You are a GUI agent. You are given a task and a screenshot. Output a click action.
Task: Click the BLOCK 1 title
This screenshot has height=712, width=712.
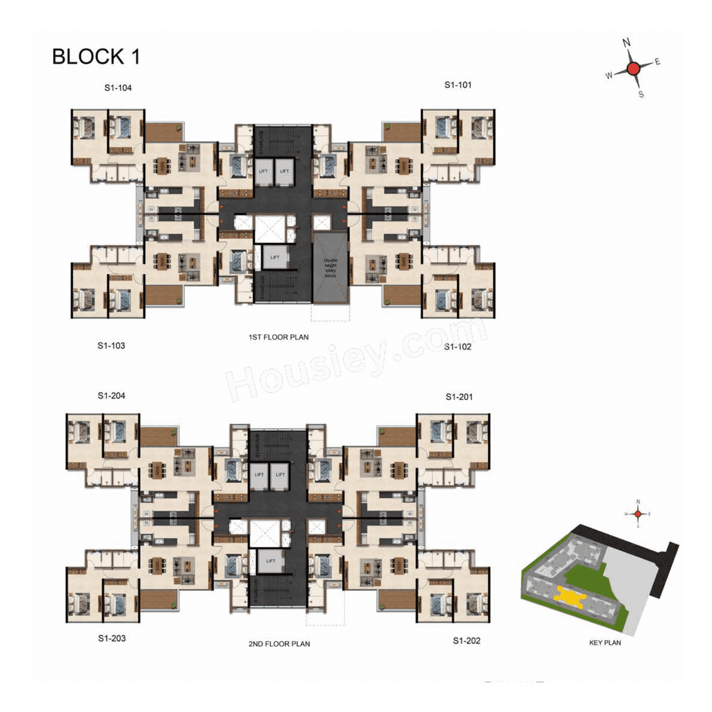click(96, 57)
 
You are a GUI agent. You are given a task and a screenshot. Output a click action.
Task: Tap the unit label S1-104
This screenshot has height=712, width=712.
click(118, 88)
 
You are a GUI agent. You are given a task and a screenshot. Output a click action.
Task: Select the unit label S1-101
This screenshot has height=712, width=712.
click(458, 85)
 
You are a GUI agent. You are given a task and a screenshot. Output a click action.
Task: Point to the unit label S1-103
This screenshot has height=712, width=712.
click(111, 345)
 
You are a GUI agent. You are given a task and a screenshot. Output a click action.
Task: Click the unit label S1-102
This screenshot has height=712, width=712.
click(458, 347)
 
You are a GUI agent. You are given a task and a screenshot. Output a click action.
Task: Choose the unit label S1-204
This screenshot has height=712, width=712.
click(111, 396)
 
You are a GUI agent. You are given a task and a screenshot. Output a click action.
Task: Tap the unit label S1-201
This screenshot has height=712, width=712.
click(459, 397)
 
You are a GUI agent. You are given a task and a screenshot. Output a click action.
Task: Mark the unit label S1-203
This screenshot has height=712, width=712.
click(112, 639)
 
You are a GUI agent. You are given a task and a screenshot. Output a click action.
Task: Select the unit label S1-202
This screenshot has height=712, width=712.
click(466, 641)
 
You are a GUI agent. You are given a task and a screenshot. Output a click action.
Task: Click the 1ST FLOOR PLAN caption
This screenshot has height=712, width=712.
click(278, 337)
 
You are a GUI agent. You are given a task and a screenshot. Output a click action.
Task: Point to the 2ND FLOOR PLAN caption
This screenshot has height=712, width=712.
click(279, 644)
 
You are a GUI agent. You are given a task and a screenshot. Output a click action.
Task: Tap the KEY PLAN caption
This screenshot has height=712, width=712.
click(605, 643)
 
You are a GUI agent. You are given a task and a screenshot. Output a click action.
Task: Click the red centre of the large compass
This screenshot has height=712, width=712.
click(633, 68)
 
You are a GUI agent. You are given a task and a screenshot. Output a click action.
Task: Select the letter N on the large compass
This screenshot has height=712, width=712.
click(626, 43)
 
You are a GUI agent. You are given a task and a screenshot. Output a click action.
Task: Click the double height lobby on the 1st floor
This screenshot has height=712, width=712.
click(330, 268)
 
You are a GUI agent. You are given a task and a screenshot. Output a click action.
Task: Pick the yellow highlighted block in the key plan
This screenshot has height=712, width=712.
click(568, 596)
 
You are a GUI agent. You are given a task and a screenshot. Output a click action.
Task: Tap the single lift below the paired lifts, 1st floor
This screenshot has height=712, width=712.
click(275, 258)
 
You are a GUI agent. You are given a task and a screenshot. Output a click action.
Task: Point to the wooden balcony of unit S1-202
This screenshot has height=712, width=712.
click(397, 600)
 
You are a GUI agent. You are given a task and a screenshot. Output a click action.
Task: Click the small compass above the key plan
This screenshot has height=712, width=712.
click(638, 514)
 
